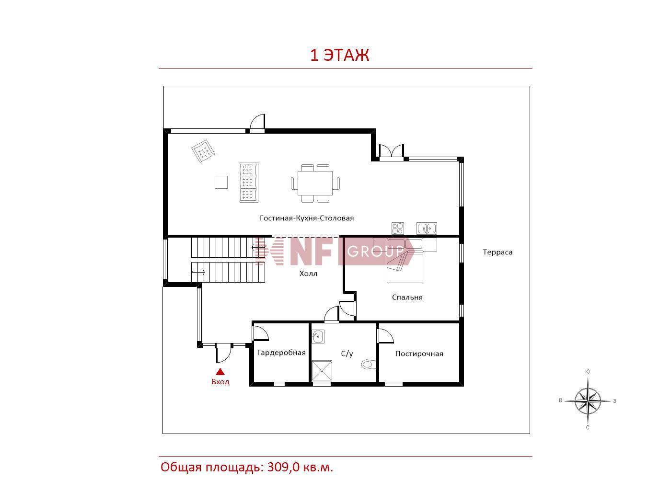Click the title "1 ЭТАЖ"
pos(339,55)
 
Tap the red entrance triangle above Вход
pos(220,372)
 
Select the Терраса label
pos(497,252)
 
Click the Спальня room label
pos(407,297)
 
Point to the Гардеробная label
pos(281,353)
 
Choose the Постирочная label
pos(419,354)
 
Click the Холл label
pos(308,274)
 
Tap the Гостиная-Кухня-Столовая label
pos(307,218)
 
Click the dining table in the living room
pos(315,183)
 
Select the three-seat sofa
pos(249,182)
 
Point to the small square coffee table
pos(221,183)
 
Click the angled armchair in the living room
pos(203,151)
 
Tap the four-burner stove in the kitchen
pos(397,229)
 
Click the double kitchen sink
pos(427,229)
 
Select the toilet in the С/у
pos(369,364)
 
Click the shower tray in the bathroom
pos(322,371)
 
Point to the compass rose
pos(588,400)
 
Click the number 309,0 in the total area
pos(283,467)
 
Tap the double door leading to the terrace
pos(391,152)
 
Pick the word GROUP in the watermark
pos(375,251)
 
